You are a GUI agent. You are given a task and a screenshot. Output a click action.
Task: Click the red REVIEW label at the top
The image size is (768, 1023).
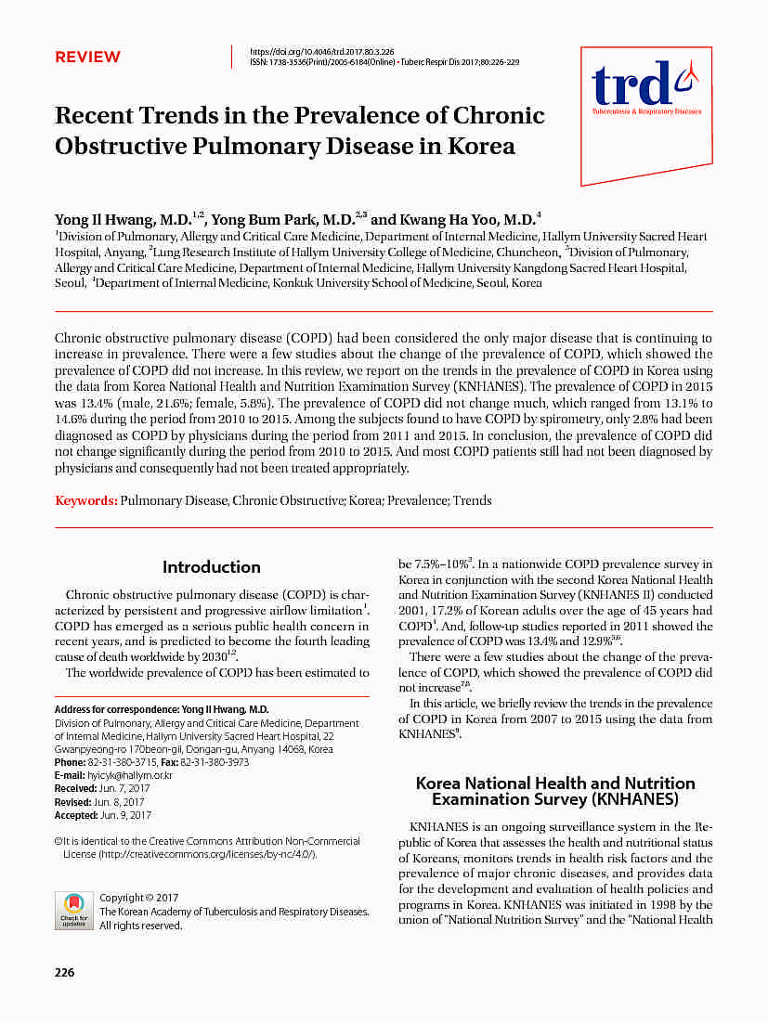click(x=87, y=58)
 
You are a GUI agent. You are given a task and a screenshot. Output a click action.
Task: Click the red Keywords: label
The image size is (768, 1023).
click(x=86, y=500)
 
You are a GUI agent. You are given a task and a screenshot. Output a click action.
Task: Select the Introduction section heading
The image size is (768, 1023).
click(x=212, y=566)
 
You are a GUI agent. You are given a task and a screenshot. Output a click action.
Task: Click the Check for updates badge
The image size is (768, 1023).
click(x=74, y=910)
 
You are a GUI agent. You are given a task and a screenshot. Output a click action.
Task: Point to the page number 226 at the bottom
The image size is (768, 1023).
click(x=64, y=973)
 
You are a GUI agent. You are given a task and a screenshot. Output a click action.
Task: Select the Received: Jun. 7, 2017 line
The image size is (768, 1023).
click(x=102, y=788)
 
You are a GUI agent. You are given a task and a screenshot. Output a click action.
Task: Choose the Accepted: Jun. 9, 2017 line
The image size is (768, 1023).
click(x=103, y=815)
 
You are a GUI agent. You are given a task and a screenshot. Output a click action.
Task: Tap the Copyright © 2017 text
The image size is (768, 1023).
click(x=138, y=898)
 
